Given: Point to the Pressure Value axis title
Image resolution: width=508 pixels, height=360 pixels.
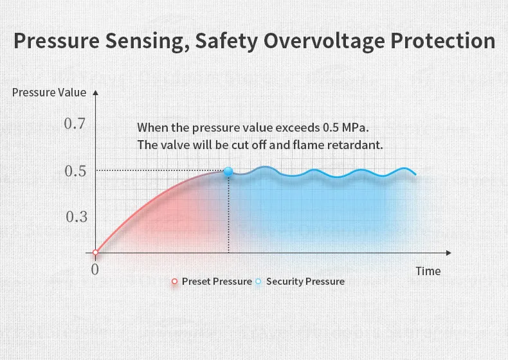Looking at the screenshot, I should click(x=49, y=92).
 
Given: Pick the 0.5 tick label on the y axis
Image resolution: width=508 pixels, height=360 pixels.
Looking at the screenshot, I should click(x=76, y=171).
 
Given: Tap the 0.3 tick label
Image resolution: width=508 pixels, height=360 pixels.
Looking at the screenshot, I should click(x=76, y=217).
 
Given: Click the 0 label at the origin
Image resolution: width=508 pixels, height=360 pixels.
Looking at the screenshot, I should click(x=95, y=269).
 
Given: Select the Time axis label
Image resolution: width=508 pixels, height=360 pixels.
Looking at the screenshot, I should click(x=428, y=271).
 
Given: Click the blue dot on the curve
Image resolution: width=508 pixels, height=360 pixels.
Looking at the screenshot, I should click(x=228, y=172).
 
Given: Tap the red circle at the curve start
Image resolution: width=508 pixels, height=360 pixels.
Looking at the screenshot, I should click(x=96, y=253).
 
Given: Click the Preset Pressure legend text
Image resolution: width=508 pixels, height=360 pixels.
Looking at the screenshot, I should click(x=217, y=282).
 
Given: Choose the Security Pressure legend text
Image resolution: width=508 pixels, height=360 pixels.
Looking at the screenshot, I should click(x=305, y=282).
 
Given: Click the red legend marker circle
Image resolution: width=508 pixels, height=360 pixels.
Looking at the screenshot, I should click(x=174, y=282).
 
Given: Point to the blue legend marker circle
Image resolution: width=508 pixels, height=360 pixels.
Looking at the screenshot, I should click(x=259, y=282).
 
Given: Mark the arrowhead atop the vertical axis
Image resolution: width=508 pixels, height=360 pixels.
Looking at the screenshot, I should click(x=95, y=93).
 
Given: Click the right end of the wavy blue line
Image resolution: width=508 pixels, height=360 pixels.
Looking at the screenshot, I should click(x=415, y=174).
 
